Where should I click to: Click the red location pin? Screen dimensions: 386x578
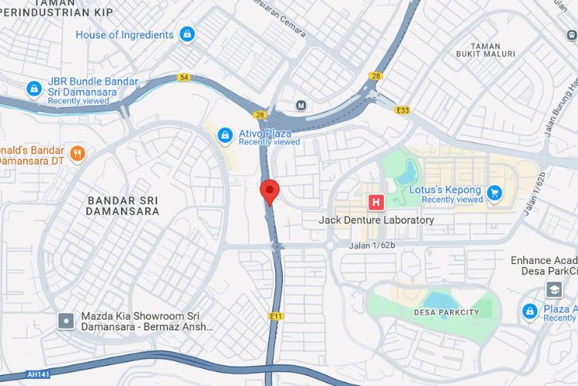tap(269, 190)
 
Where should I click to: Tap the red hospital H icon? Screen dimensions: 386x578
tap(376, 203)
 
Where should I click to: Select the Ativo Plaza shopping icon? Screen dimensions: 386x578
tap(224, 136)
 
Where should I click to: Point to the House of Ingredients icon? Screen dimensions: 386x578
tap(187, 35)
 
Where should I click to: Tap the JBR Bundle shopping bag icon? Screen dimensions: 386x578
tap(33, 88)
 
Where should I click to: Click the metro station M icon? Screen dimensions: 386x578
tap(301, 105)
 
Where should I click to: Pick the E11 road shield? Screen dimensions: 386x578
tap(277, 316)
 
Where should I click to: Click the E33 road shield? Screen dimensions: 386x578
tap(402, 110)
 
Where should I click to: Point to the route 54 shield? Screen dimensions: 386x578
tap(183, 77)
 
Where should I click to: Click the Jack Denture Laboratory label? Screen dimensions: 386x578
tap(376, 220)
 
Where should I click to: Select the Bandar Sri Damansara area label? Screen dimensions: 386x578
tap(123, 205)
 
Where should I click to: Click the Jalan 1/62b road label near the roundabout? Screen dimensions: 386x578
tap(373, 245)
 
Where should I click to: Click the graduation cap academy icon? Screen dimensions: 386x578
tap(554, 289)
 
